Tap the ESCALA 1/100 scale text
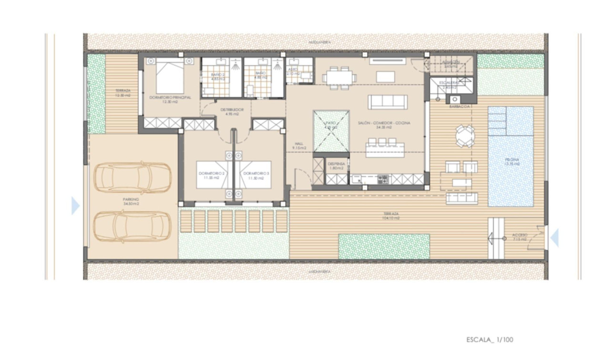pos(490,340)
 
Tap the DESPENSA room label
pos(338,165)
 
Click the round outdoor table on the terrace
pos(464,136)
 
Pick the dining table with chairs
pos(339,77)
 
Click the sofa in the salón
pos(388,102)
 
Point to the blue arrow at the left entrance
pos(75,206)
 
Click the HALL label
pos(299,145)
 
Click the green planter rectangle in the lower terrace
pos(384,246)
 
